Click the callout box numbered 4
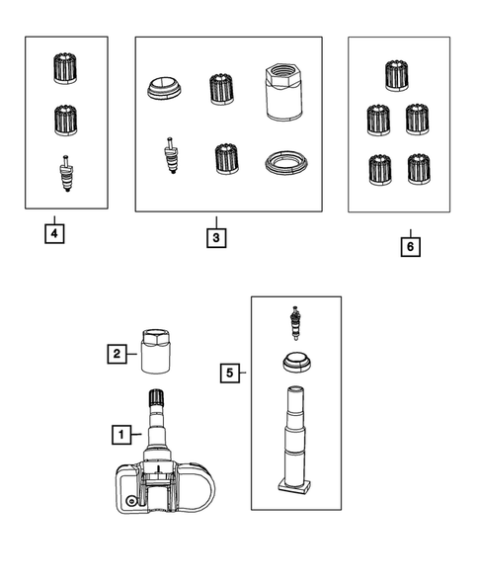click(x=54, y=234)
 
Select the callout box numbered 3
click(x=216, y=237)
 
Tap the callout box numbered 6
click(x=410, y=246)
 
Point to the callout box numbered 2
click(x=117, y=354)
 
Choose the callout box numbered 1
click(x=121, y=434)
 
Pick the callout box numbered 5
click(x=230, y=373)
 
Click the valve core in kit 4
click(x=66, y=173)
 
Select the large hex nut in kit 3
click(x=284, y=92)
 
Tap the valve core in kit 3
click(x=171, y=155)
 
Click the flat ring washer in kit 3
click(x=286, y=163)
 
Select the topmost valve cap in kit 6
click(x=397, y=75)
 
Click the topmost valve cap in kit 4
click(x=65, y=68)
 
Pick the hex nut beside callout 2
click(x=156, y=351)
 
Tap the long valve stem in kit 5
click(x=294, y=439)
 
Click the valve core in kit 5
click(x=295, y=323)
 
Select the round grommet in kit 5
click(x=297, y=362)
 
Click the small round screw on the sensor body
click(x=131, y=501)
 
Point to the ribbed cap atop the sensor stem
click(x=157, y=397)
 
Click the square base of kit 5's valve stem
click(x=294, y=485)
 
